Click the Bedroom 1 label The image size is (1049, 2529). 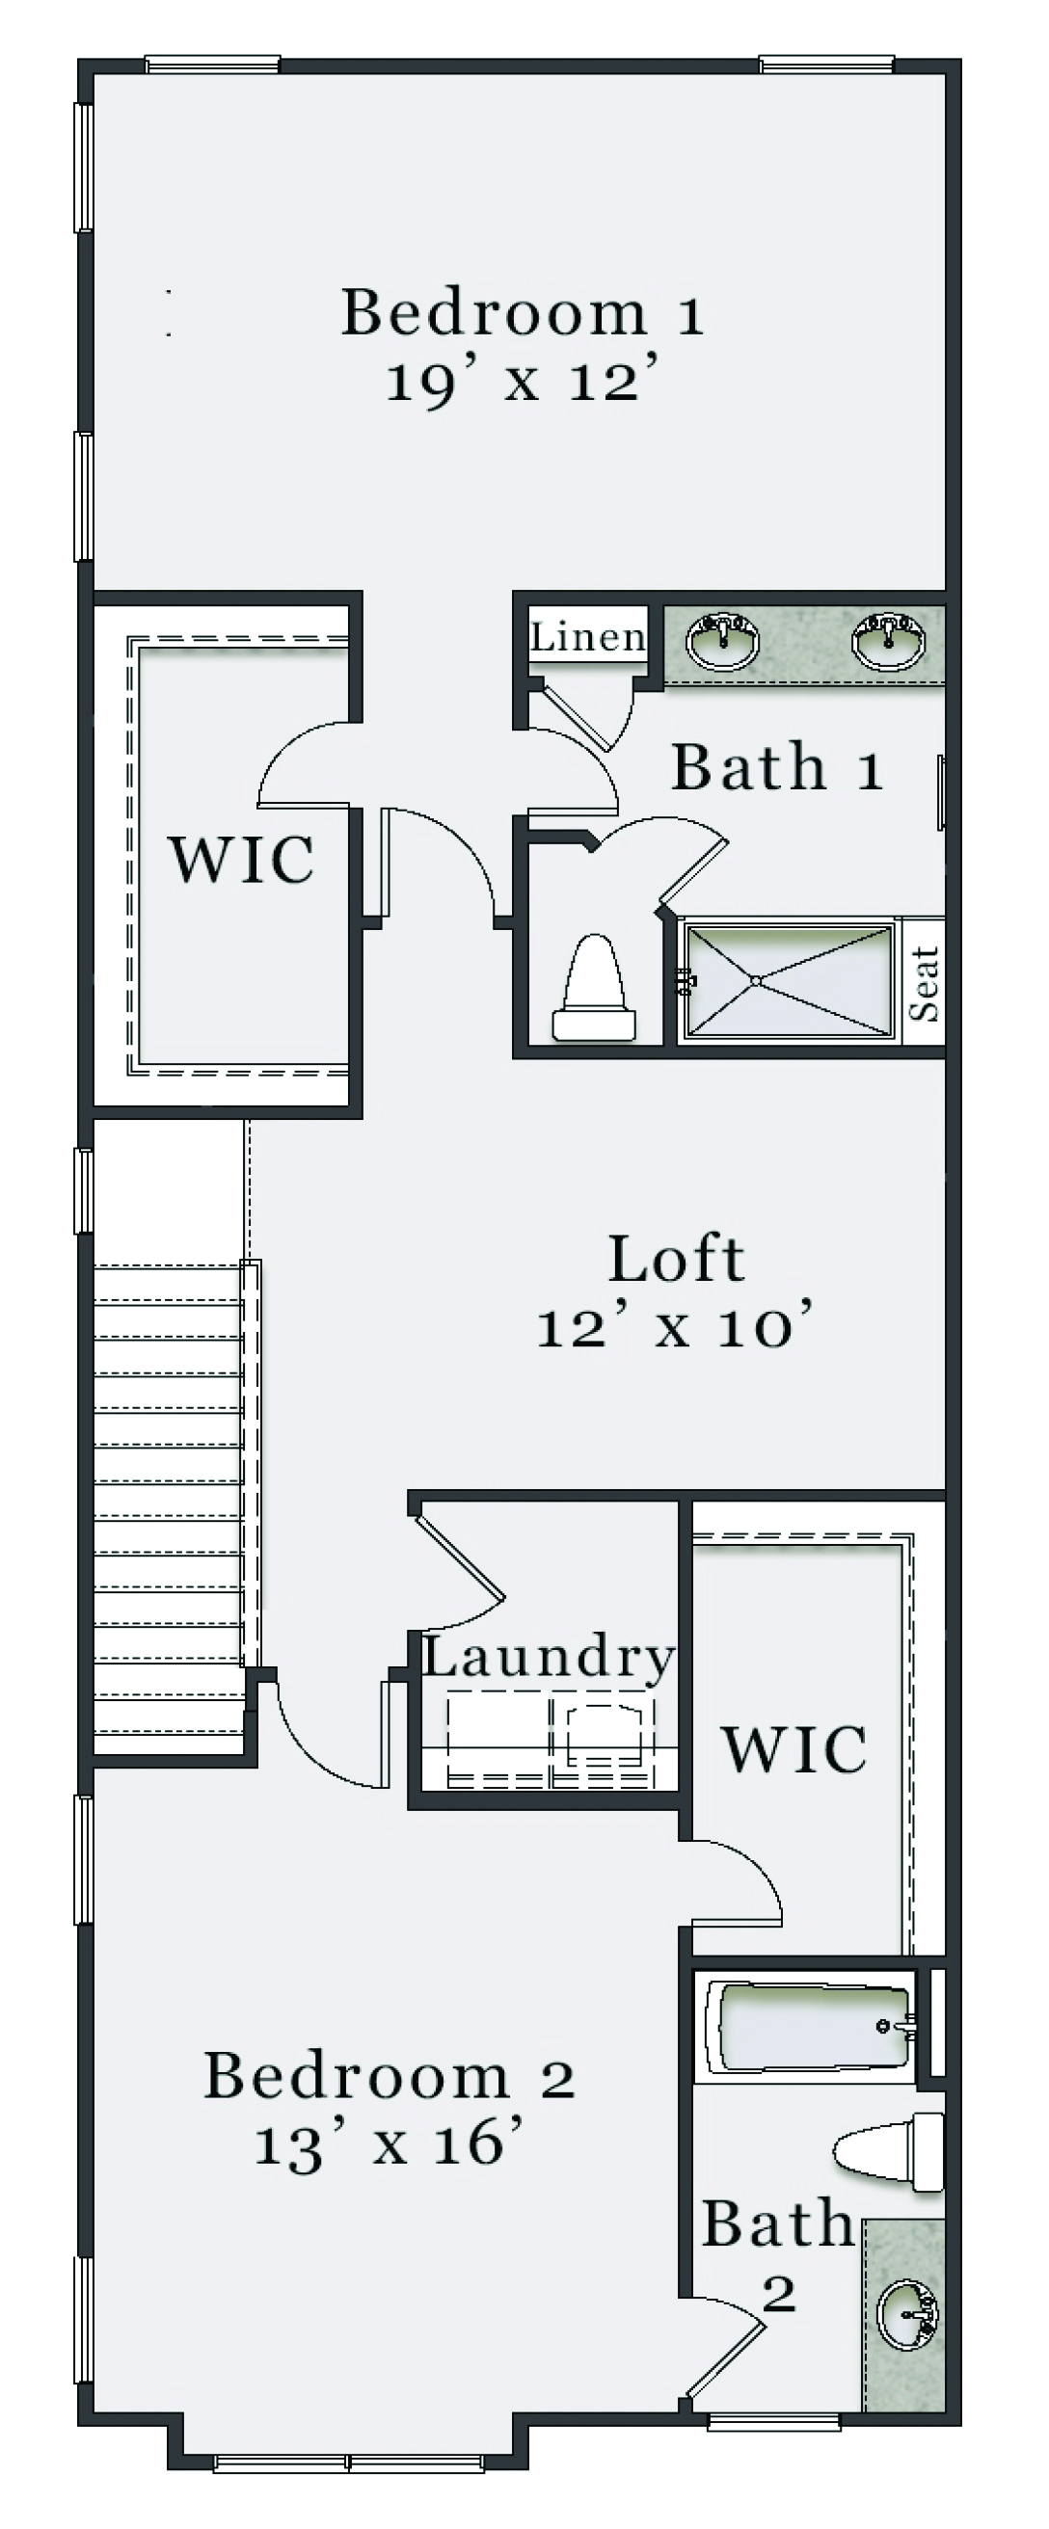pyautogui.click(x=523, y=312)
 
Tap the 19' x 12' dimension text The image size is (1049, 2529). pyautogui.click(x=521, y=380)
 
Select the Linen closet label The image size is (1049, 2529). pyautogui.click(x=588, y=638)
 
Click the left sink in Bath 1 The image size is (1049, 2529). pyautogui.click(x=722, y=639)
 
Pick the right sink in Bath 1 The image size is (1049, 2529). pyautogui.click(x=888, y=639)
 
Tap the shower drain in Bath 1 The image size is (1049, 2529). pyautogui.click(x=755, y=980)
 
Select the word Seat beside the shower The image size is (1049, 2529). pyautogui.click(x=925, y=983)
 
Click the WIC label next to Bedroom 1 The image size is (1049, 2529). pyautogui.click(x=242, y=859)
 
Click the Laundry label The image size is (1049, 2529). pyautogui.click(x=548, y=1658)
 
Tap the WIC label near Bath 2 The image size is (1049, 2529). pyautogui.click(x=794, y=1748)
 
